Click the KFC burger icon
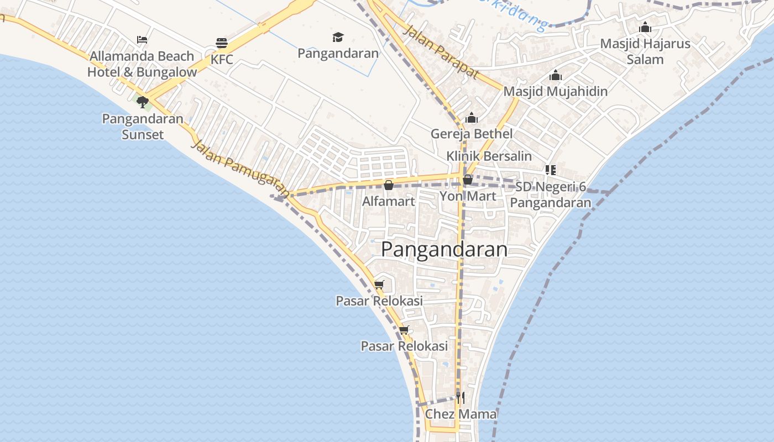click(222, 43)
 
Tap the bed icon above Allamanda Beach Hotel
click(142, 40)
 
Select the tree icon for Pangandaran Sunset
click(142, 102)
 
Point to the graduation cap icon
click(338, 37)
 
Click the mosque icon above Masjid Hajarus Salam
click(645, 27)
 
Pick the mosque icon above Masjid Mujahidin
click(555, 75)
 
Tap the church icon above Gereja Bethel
click(472, 118)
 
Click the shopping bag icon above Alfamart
click(389, 185)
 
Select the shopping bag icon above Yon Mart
click(468, 180)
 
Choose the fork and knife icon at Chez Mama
click(460, 397)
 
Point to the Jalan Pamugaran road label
click(240, 168)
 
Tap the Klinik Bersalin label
click(489, 156)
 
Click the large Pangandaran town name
click(444, 250)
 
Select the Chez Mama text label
click(461, 414)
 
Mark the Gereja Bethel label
click(472, 134)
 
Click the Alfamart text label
click(388, 202)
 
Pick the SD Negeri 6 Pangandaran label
click(551, 195)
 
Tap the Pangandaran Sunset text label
click(143, 127)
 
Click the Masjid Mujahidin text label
click(555, 91)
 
